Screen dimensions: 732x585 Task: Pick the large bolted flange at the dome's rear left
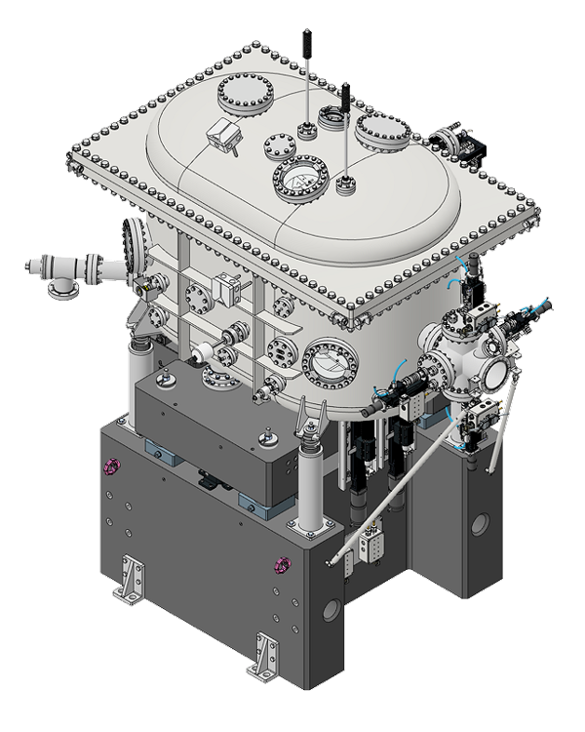pyautogui.click(x=238, y=94)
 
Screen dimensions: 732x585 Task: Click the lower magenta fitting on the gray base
pyautogui.click(x=283, y=563)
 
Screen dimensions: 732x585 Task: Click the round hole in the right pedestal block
pyautogui.click(x=480, y=523)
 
